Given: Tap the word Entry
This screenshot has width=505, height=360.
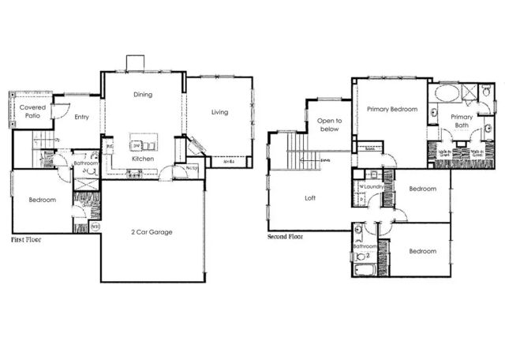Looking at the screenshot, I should click(81, 118).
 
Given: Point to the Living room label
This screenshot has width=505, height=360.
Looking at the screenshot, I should click(219, 112).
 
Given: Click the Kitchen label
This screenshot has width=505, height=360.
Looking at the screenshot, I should click(143, 159).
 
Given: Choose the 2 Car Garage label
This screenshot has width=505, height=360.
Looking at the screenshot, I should click(151, 231).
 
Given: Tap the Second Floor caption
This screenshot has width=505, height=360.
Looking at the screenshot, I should click(286, 235).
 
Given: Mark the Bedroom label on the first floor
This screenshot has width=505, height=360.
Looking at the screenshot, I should click(42, 200).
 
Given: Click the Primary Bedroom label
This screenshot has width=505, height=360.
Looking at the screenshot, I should click(391, 110).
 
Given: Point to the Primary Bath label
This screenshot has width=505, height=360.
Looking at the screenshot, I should click(462, 122).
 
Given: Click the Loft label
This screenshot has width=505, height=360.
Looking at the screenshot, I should click(310, 198).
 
